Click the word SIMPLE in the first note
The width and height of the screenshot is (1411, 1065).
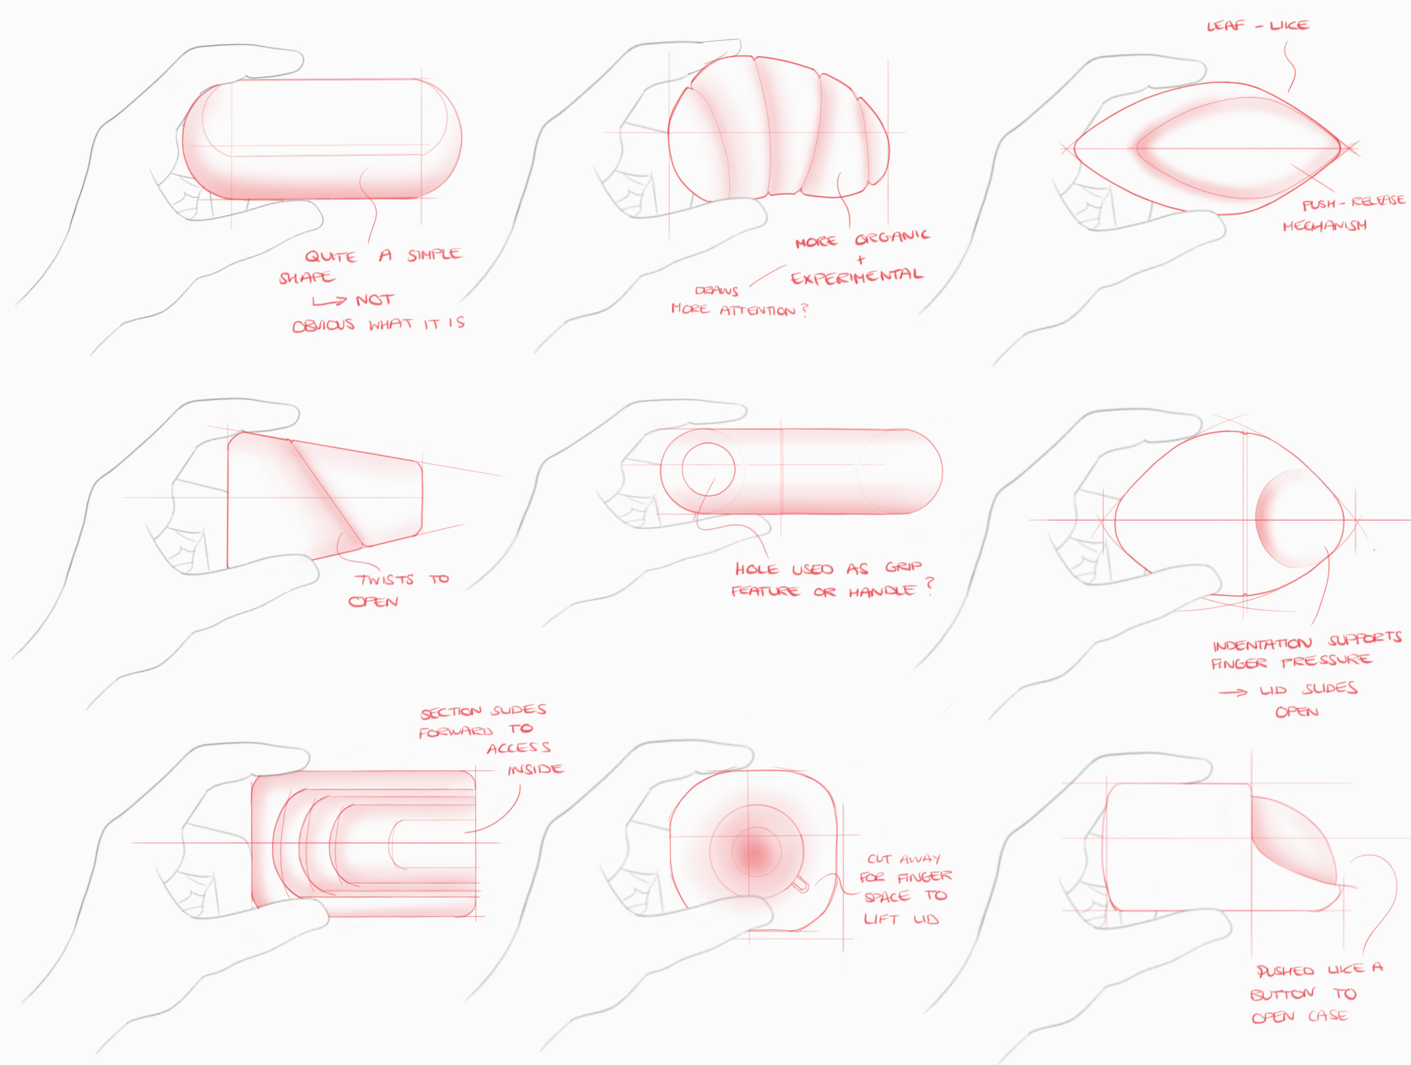coord(435,255)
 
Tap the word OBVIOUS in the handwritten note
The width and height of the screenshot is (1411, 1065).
coord(323,325)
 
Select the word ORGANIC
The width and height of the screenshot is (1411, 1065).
coord(892,237)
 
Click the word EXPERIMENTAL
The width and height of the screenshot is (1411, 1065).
coord(857,277)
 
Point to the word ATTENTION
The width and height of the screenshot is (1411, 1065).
coord(757,310)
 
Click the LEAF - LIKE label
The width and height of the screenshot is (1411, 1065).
coord(1258,26)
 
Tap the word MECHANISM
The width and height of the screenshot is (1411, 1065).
coord(1324,226)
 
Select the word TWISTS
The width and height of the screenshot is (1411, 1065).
coord(385,580)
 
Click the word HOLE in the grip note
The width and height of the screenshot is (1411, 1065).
coord(756,569)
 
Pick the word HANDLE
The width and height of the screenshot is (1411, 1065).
coord(882,591)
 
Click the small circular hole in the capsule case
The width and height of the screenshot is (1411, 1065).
coord(708,469)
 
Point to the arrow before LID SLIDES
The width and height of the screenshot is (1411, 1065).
coord(1233,692)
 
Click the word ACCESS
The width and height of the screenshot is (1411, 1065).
coord(519,748)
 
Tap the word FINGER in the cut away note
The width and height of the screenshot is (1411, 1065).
coord(924,876)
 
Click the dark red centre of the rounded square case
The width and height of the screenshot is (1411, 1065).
coord(756,853)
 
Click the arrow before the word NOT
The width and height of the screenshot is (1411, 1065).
coord(329,301)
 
